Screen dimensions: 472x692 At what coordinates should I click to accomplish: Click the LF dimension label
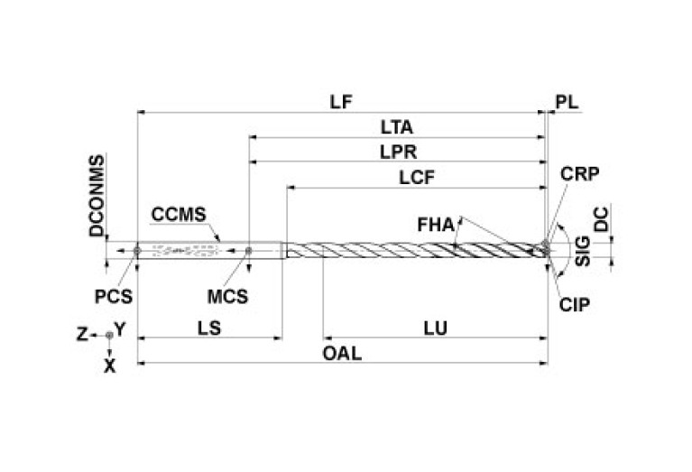point(340,101)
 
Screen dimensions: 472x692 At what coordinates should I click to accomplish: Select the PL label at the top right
point(566,101)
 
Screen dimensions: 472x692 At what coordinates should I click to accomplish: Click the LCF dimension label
point(417,177)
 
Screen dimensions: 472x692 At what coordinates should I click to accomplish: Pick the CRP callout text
point(578,172)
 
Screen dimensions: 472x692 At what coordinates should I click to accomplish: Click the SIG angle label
point(583,250)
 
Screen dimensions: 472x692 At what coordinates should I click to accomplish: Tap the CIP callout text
point(574,304)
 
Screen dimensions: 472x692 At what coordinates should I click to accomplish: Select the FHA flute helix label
point(436,223)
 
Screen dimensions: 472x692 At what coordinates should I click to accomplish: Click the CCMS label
point(180,215)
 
